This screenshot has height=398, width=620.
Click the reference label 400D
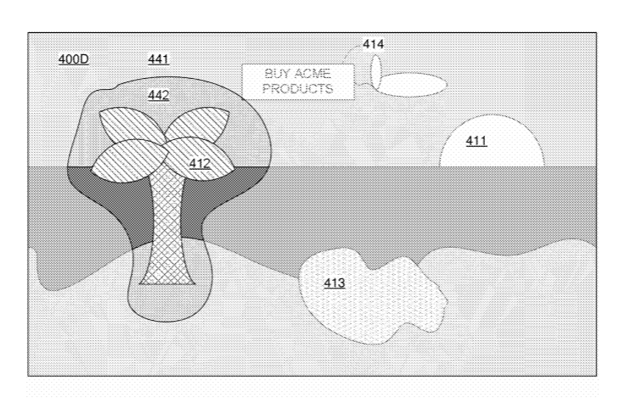pos(74,59)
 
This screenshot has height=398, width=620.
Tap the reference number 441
pos(159,59)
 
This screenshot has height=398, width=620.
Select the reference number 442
pos(159,95)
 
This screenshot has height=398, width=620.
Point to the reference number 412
pos(200,164)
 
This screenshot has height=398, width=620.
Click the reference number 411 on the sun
pos(476,141)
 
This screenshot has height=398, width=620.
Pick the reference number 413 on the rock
pos(335,283)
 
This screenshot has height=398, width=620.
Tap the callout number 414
pos(373,44)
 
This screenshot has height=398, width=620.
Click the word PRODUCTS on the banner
pos(298,88)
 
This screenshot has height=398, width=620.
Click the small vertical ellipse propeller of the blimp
pos(376,72)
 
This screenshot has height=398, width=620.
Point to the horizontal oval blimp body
pos(410,85)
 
